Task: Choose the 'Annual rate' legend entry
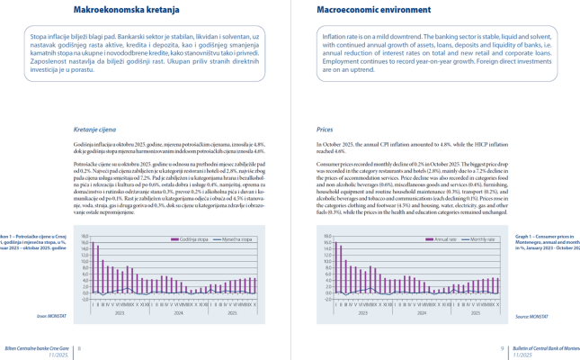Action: tap(446, 239)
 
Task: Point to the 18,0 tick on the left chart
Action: tap(84, 237)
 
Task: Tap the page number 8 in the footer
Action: tap(78, 347)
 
